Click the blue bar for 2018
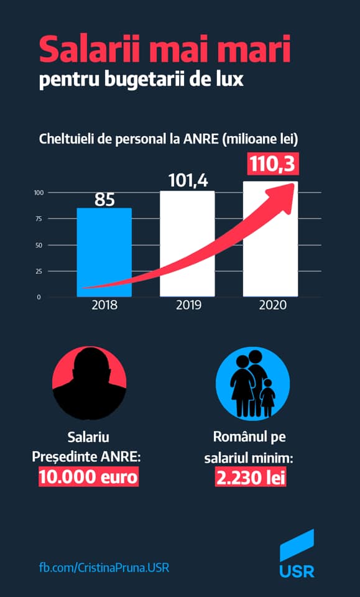point(104,252)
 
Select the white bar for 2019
point(187,244)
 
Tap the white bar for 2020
point(270,239)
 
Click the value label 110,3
point(273,164)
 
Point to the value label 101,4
point(188,180)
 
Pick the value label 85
point(104,200)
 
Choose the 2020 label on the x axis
point(272,305)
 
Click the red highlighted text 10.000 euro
point(89,477)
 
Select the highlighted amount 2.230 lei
point(251,477)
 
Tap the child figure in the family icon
point(267,398)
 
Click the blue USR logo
point(297,553)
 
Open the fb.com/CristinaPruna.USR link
point(104,568)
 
